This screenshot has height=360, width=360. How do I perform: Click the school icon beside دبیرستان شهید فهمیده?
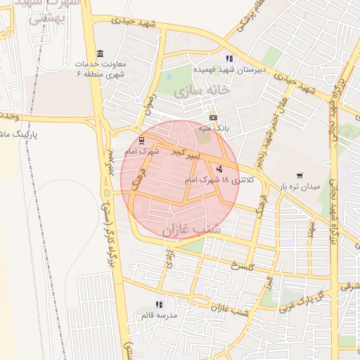click(228, 58)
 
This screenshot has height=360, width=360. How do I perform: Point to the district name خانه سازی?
click(203, 91)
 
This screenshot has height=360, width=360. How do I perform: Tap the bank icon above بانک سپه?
click(213, 117)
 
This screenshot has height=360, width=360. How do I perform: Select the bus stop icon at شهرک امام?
click(142, 140)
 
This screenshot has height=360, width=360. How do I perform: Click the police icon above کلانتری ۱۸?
click(220, 169)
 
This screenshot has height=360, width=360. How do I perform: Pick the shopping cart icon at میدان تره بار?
click(300, 176)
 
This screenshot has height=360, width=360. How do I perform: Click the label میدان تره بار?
click(300, 187)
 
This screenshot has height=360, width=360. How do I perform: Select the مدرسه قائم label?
click(155, 315)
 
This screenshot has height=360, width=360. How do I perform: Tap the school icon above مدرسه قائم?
click(159, 304)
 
